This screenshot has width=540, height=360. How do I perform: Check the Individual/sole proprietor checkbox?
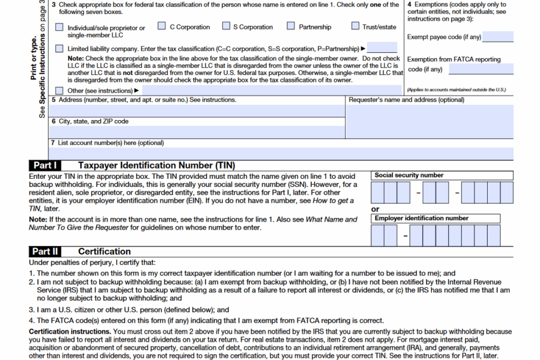point(60,27)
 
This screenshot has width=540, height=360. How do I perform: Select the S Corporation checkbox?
point(226,26)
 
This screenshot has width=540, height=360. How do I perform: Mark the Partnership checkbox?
point(291,26)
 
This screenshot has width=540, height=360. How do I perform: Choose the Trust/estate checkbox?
point(355,26)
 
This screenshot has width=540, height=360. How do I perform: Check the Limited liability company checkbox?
point(60,49)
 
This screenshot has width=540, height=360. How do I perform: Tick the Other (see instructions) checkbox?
point(60,91)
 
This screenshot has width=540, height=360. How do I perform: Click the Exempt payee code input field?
point(498,37)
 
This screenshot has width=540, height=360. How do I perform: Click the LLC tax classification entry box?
point(382,48)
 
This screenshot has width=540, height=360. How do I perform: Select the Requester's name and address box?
point(429,121)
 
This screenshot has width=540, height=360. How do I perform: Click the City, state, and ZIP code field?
point(197,132)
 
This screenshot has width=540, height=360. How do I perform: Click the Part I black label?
point(46,165)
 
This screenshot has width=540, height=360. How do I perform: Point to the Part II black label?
point(46,251)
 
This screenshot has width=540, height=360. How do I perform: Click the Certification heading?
point(105,251)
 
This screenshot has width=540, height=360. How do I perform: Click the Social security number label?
point(409,175)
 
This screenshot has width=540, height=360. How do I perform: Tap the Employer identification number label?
point(422,218)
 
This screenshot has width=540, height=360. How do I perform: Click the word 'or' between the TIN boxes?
point(375,209)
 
